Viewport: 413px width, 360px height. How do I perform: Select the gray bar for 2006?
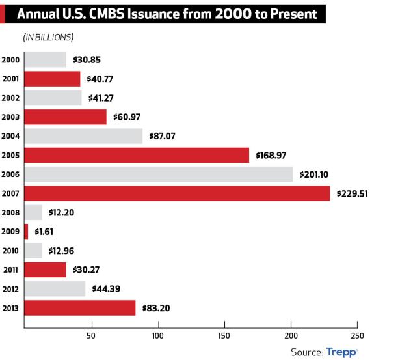158,174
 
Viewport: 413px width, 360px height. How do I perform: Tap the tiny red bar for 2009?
26,231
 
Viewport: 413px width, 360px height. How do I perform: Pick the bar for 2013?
79,307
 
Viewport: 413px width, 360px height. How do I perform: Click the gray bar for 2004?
83,136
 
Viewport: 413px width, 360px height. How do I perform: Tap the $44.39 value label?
107,288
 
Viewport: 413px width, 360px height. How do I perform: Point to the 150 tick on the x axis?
224,336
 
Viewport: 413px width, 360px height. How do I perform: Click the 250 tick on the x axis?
357,336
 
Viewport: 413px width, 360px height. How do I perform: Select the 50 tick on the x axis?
91,336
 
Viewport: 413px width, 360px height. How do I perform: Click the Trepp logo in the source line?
341,352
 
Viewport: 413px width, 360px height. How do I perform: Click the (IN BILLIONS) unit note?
48,36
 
